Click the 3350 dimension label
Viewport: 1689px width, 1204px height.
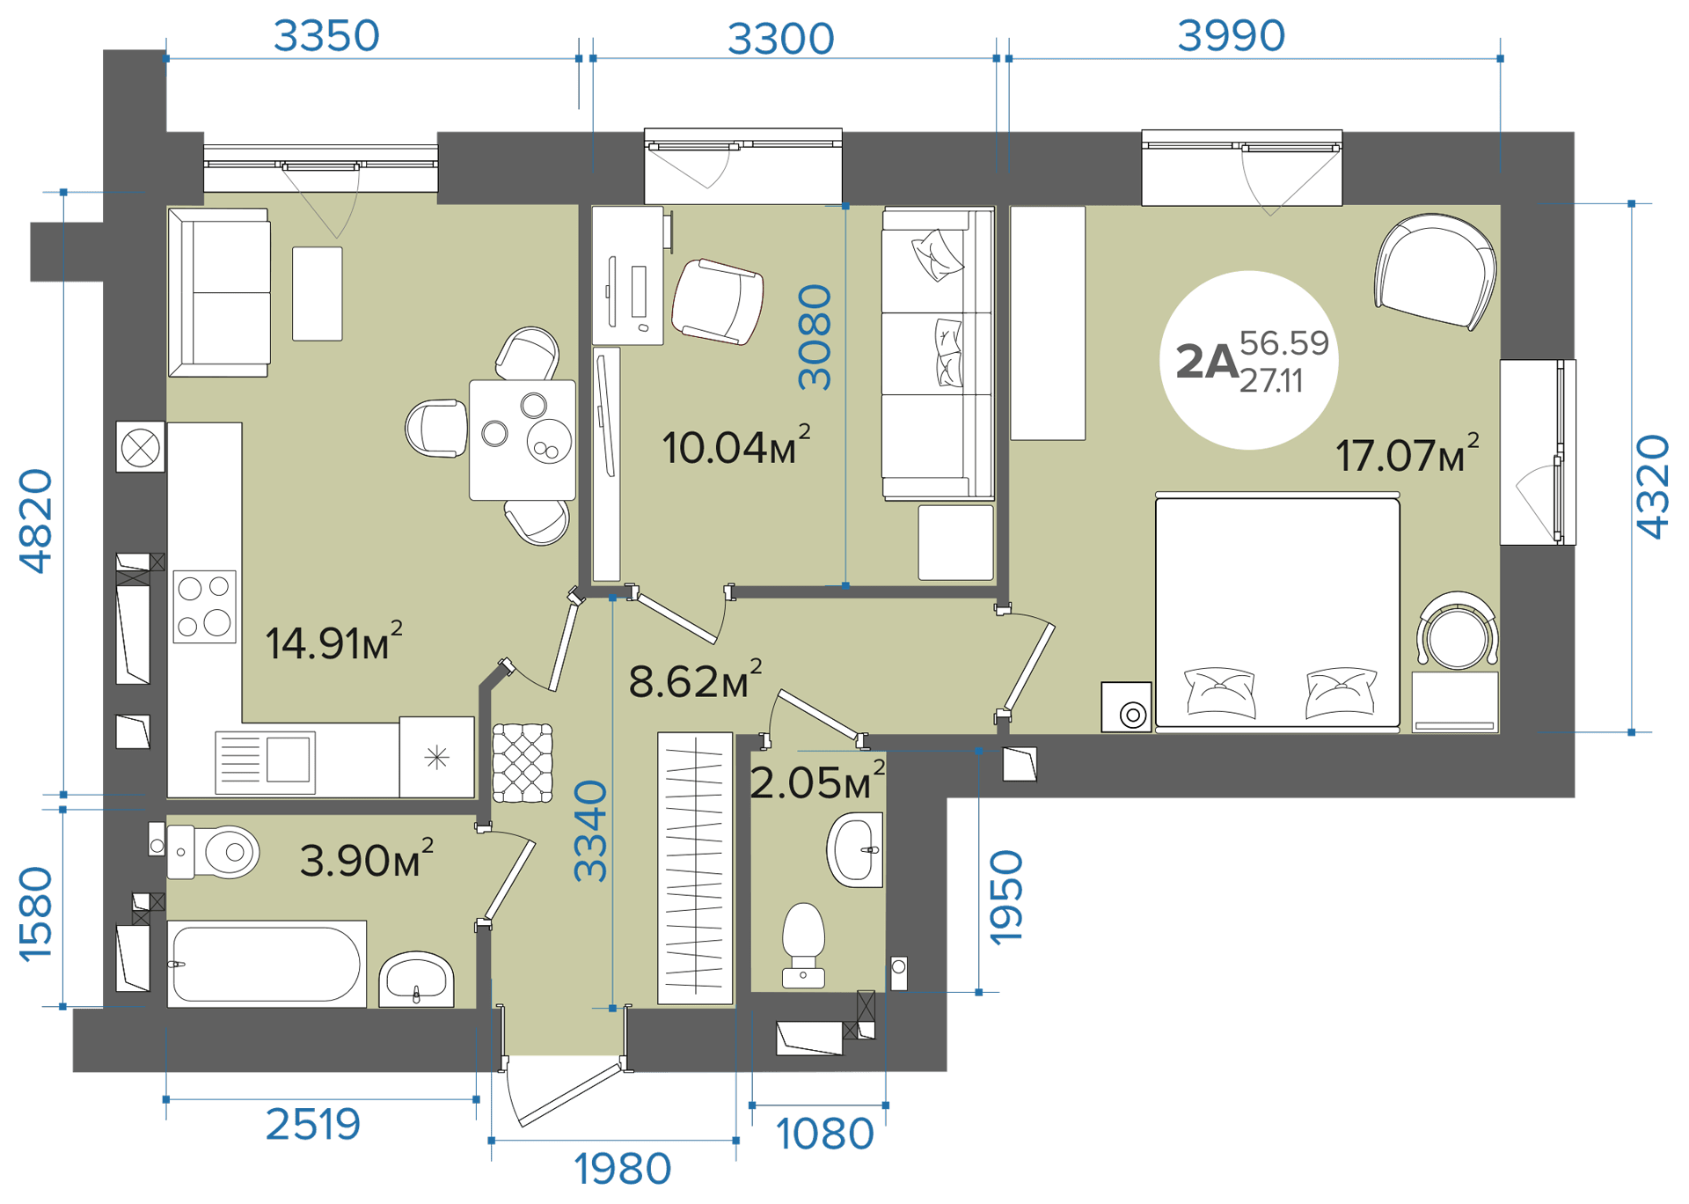click(x=326, y=36)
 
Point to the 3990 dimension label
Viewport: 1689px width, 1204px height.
click(x=1232, y=36)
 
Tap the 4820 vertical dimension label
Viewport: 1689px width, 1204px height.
click(x=36, y=521)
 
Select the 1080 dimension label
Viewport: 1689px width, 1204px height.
click(x=824, y=1134)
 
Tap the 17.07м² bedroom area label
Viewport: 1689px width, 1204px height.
click(x=1407, y=453)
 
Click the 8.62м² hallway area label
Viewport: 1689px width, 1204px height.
click(x=695, y=679)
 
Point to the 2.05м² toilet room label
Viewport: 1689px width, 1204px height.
click(x=817, y=782)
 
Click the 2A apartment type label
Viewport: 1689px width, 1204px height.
click(x=1207, y=362)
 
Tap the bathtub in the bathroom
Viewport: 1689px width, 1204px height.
click(x=267, y=964)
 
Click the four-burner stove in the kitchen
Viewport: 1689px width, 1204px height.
click(x=204, y=606)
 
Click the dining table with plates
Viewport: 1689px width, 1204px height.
click(x=523, y=440)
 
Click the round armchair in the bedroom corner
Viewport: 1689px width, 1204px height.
click(x=1435, y=272)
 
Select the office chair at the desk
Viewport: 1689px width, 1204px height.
click(x=717, y=301)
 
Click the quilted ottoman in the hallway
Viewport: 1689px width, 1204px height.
click(x=523, y=763)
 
